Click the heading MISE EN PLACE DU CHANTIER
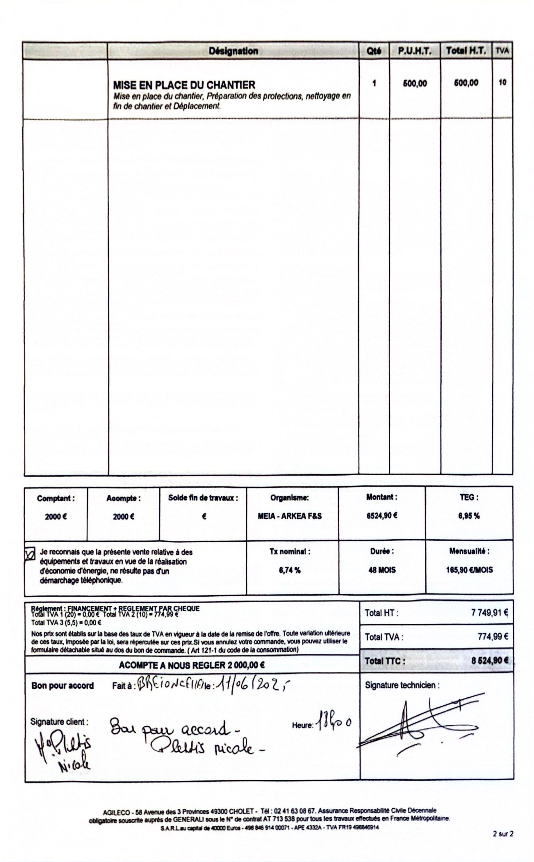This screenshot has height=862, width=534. [184, 85]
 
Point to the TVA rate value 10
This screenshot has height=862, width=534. [502, 82]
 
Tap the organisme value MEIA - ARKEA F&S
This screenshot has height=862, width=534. [290, 516]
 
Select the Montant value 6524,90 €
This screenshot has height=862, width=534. [382, 515]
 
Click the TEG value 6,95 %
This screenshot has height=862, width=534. [469, 516]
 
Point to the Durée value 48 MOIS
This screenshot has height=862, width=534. [382, 570]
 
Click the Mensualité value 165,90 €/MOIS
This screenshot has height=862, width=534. [469, 570]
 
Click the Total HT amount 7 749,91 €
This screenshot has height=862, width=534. [489, 613]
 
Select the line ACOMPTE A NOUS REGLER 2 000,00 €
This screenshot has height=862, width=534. [191, 665]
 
